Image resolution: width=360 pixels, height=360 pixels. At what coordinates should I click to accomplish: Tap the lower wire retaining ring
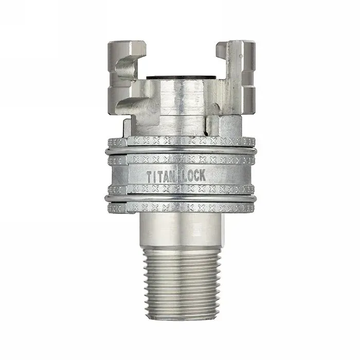coord(180,199)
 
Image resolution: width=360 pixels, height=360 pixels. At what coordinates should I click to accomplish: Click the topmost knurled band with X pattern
coord(180,141)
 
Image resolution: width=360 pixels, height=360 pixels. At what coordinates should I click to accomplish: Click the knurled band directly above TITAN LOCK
coord(180,160)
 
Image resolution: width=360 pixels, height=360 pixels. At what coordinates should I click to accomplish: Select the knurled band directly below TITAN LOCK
coord(180,189)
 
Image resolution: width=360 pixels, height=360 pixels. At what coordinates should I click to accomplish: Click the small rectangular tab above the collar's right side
coord(212,124)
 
